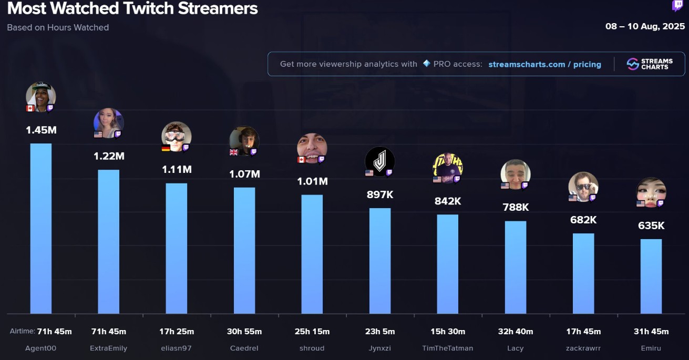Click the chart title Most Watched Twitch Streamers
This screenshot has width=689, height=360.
[x=132, y=9]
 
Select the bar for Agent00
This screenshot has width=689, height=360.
[x=41, y=229]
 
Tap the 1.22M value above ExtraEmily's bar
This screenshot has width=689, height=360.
[x=109, y=156]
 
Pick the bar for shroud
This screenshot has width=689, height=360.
[x=312, y=254]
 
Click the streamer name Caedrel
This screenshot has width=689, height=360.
[x=244, y=348]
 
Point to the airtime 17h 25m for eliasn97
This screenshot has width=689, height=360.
[x=176, y=332]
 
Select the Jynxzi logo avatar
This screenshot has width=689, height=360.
[x=379, y=161]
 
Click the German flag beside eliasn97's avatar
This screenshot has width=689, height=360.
[x=166, y=148]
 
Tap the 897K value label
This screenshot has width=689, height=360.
[x=379, y=194]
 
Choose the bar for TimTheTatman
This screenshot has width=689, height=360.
[x=447, y=264]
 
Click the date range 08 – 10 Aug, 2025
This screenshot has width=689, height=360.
[x=645, y=26]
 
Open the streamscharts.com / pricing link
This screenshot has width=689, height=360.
[x=544, y=64]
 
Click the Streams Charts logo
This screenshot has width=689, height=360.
[x=650, y=64]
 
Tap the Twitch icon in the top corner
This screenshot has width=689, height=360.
[x=677, y=6]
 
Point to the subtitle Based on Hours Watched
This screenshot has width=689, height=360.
[x=58, y=27]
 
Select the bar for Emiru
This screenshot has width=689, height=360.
[x=651, y=276]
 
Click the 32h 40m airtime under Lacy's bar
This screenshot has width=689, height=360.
[x=515, y=332]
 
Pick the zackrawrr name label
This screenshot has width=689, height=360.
[x=583, y=348]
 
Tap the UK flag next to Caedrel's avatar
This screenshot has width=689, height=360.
[x=234, y=152]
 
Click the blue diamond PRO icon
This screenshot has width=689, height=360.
[x=427, y=64]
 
